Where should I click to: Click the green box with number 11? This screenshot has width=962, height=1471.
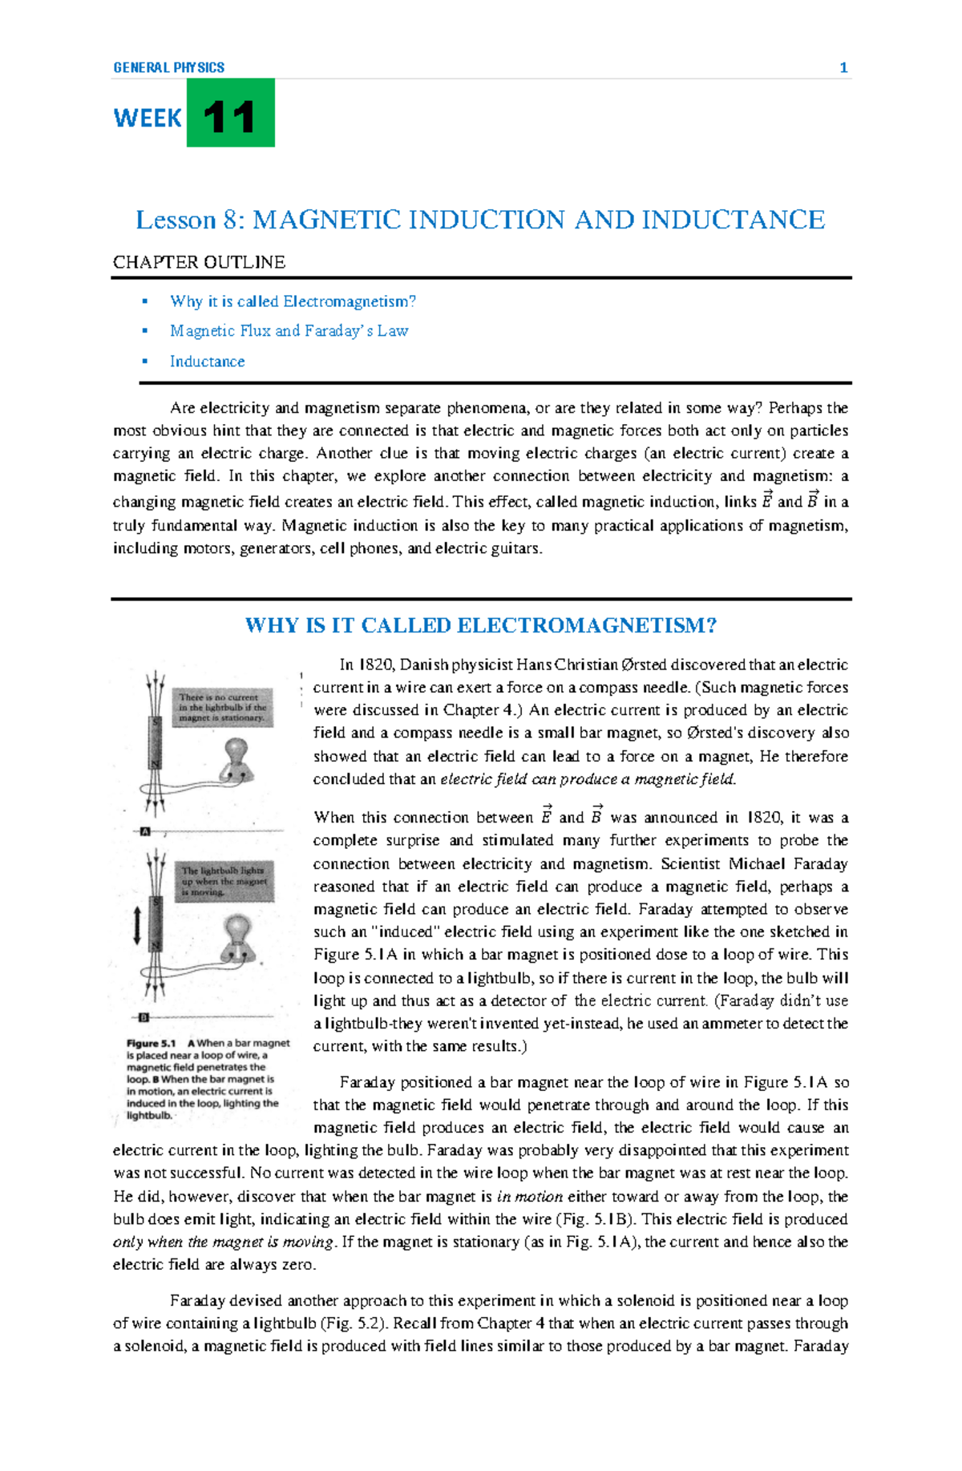[x=230, y=113]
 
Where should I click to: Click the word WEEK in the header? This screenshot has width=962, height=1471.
[x=148, y=119]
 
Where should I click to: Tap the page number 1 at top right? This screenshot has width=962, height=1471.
[x=843, y=68]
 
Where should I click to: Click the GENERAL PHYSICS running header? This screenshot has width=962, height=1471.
[x=168, y=68]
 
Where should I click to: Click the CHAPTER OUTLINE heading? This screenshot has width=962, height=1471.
[x=199, y=262]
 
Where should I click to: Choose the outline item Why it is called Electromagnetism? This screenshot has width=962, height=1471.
[x=293, y=301]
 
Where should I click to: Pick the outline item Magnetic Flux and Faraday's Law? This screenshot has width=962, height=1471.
[x=289, y=331]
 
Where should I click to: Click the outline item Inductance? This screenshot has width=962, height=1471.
[x=207, y=362]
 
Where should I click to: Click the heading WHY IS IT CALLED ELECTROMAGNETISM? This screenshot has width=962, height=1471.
[x=480, y=625]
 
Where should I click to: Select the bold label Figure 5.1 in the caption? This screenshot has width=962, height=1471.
[x=151, y=1044]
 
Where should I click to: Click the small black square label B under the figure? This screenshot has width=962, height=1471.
[x=144, y=1017]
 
